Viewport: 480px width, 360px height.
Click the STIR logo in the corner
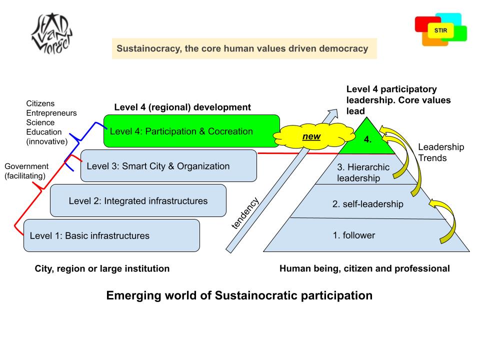click(440, 30)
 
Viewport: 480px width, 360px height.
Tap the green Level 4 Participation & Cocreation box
click(191, 131)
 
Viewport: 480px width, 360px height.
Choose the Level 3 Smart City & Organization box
click(168, 166)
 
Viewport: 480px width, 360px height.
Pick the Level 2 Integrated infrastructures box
click(138, 201)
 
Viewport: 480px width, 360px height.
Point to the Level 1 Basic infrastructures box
click(111, 235)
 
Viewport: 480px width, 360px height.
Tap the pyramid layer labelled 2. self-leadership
click(367, 204)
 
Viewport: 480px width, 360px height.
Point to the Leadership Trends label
click(441, 152)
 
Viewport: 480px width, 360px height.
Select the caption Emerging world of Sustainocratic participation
click(239, 295)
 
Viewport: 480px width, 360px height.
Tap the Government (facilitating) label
click(26, 171)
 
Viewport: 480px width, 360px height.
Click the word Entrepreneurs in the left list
click(51, 113)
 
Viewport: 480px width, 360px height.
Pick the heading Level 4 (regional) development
click(182, 107)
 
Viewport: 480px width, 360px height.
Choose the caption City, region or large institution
click(102, 268)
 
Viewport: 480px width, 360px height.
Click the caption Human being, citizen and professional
click(364, 268)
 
